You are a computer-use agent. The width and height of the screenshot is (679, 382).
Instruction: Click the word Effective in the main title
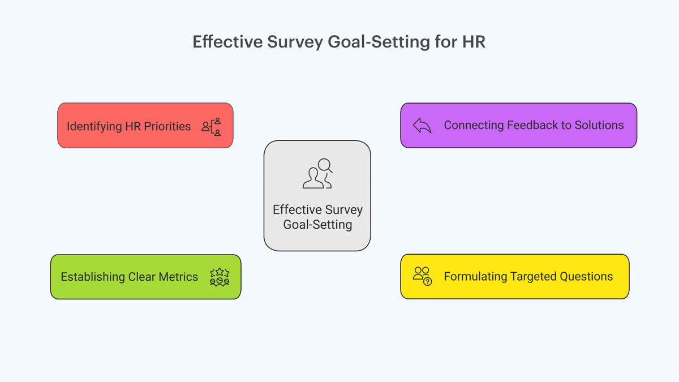[x=227, y=41]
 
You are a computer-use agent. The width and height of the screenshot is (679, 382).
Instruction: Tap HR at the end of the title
[x=474, y=41]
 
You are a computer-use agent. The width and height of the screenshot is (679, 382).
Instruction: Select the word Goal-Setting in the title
[x=379, y=42]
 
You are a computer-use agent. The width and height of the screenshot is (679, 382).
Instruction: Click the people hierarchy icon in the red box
[x=211, y=127]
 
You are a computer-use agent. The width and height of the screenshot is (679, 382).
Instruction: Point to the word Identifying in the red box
[x=94, y=126]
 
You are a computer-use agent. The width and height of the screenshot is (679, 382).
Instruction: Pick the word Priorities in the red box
[x=167, y=126]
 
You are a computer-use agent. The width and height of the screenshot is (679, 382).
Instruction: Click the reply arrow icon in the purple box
[x=422, y=125]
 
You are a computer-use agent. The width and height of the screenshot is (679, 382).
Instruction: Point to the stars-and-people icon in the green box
[x=220, y=277]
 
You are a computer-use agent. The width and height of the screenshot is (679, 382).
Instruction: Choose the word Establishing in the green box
[x=93, y=277]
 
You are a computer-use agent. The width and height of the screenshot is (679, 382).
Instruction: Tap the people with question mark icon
[x=422, y=276]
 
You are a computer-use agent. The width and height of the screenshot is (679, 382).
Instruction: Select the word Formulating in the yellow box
[x=475, y=277]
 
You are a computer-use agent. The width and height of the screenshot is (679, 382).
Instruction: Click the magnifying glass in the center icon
[x=325, y=165]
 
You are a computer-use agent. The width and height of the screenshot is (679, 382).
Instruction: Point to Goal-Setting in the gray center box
[x=317, y=225]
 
